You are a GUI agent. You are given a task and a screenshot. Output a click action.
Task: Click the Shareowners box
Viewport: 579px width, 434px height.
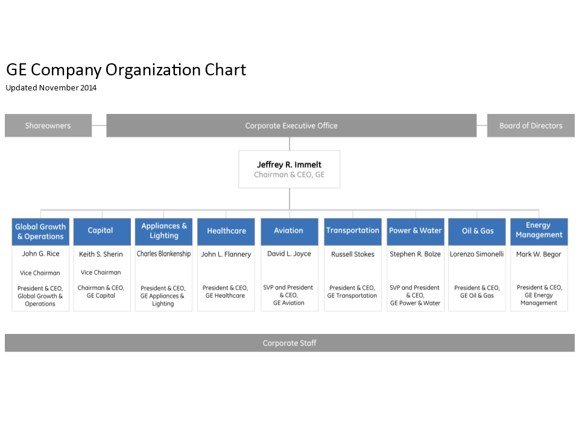click(x=48, y=125)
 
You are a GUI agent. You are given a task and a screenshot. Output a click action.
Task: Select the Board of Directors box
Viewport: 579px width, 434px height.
click(x=531, y=125)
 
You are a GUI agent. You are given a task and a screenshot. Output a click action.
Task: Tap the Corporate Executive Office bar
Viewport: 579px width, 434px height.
click(x=291, y=125)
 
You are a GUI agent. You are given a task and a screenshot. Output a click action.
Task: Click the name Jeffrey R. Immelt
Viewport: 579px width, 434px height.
click(x=289, y=165)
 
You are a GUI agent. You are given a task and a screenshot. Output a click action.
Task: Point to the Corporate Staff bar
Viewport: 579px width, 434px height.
click(x=289, y=343)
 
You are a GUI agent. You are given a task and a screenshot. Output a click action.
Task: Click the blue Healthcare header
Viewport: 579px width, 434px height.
click(x=226, y=231)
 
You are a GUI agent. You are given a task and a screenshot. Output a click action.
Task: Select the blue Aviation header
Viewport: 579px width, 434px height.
click(x=289, y=231)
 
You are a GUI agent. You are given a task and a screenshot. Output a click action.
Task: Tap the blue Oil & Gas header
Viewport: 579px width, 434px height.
click(x=476, y=231)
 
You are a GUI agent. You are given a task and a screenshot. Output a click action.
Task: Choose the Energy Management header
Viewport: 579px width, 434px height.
click(x=539, y=231)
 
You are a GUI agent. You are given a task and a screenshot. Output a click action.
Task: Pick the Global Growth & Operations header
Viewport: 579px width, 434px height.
click(x=40, y=231)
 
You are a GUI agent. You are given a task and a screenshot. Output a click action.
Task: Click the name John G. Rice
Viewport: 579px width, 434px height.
click(x=40, y=254)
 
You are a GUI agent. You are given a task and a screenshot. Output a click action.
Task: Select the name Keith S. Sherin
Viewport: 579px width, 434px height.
click(x=101, y=254)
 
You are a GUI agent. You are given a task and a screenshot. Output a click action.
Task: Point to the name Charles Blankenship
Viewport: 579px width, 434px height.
click(x=163, y=254)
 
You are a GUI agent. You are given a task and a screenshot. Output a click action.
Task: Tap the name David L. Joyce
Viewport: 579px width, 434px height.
click(x=289, y=254)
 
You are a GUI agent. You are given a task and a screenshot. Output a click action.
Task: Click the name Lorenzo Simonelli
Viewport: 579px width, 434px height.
click(x=476, y=254)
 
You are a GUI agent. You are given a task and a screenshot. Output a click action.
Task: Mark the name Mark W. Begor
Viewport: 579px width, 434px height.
click(x=539, y=254)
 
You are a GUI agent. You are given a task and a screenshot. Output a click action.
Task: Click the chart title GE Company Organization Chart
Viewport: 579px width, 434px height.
click(x=126, y=70)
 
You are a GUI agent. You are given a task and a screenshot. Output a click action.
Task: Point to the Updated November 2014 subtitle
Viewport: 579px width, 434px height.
click(x=51, y=88)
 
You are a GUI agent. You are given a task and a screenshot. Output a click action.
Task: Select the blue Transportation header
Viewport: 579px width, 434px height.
click(x=353, y=231)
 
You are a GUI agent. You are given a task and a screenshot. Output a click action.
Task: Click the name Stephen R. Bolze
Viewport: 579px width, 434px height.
click(x=416, y=254)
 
